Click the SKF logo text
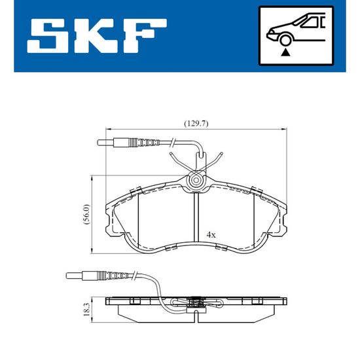(x=97, y=36)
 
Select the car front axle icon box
(x=296, y=36)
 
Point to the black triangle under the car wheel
(x=285, y=52)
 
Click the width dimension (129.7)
(x=196, y=124)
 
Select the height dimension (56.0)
(x=87, y=214)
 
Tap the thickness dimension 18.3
(x=87, y=310)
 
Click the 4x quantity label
(x=211, y=235)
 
